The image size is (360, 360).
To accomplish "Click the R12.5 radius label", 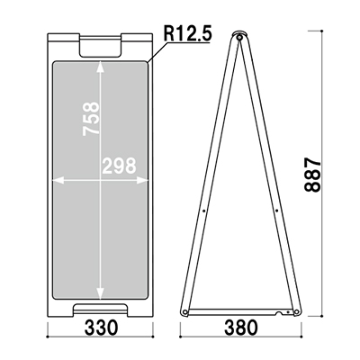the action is pyautogui.click(x=187, y=33).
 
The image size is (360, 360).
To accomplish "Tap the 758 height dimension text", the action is pyautogui.click(x=91, y=119).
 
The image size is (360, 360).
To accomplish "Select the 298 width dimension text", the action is pyautogui.click(x=119, y=166).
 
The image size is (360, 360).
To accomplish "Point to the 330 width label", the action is pyautogui.click(x=101, y=328).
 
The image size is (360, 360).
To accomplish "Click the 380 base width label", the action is pyautogui.click(x=241, y=328).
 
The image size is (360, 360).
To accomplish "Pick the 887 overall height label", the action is pyautogui.click(x=312, y=175).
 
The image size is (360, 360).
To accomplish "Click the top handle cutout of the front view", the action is pyautogui.click(x=100, y=47).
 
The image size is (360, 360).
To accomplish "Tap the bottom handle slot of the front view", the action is pyautogui.click(x=100, y=309).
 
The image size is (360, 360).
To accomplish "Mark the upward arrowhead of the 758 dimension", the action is pyautogui.click(x=100, y=67).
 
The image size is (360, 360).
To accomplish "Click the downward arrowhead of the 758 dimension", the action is pyautogui.click(x=100, y=293).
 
